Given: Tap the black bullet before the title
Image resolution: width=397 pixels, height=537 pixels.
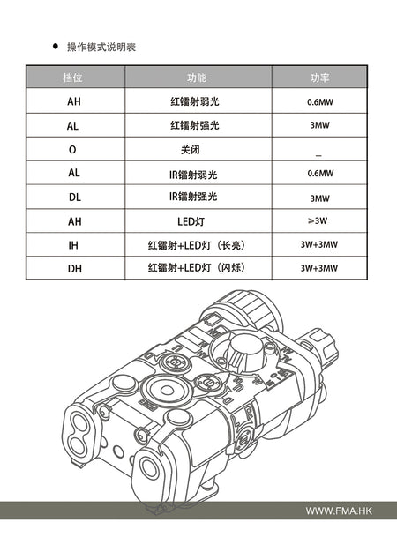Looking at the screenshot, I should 56,45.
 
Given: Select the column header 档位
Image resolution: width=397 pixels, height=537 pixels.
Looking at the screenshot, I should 74,78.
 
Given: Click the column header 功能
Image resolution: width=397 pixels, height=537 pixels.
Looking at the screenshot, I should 196,78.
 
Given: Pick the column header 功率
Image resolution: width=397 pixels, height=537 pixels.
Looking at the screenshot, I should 318,78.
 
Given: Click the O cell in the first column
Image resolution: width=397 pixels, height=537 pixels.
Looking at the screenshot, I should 73,150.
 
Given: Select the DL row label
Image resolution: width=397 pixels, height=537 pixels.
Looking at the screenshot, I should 73,197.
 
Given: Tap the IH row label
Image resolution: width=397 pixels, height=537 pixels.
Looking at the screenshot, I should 73,244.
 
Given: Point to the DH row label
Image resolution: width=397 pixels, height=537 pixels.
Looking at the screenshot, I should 73,267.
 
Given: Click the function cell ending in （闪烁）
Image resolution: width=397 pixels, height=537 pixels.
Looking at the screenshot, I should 195,267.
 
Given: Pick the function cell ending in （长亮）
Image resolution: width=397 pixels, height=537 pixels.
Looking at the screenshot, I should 195,244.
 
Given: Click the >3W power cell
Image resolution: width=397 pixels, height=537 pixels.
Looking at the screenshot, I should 318,220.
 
